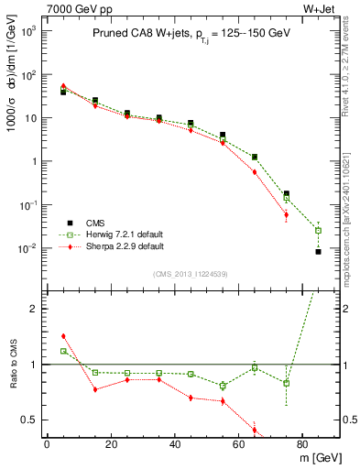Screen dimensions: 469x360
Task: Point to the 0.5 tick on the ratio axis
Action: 31,420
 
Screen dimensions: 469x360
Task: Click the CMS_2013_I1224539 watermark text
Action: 191,273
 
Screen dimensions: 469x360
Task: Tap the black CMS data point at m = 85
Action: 318,251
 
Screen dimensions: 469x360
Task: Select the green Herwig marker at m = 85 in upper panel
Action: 318,230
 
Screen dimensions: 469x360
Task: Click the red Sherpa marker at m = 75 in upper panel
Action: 286,215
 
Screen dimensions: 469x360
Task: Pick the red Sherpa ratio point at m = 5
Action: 62,336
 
